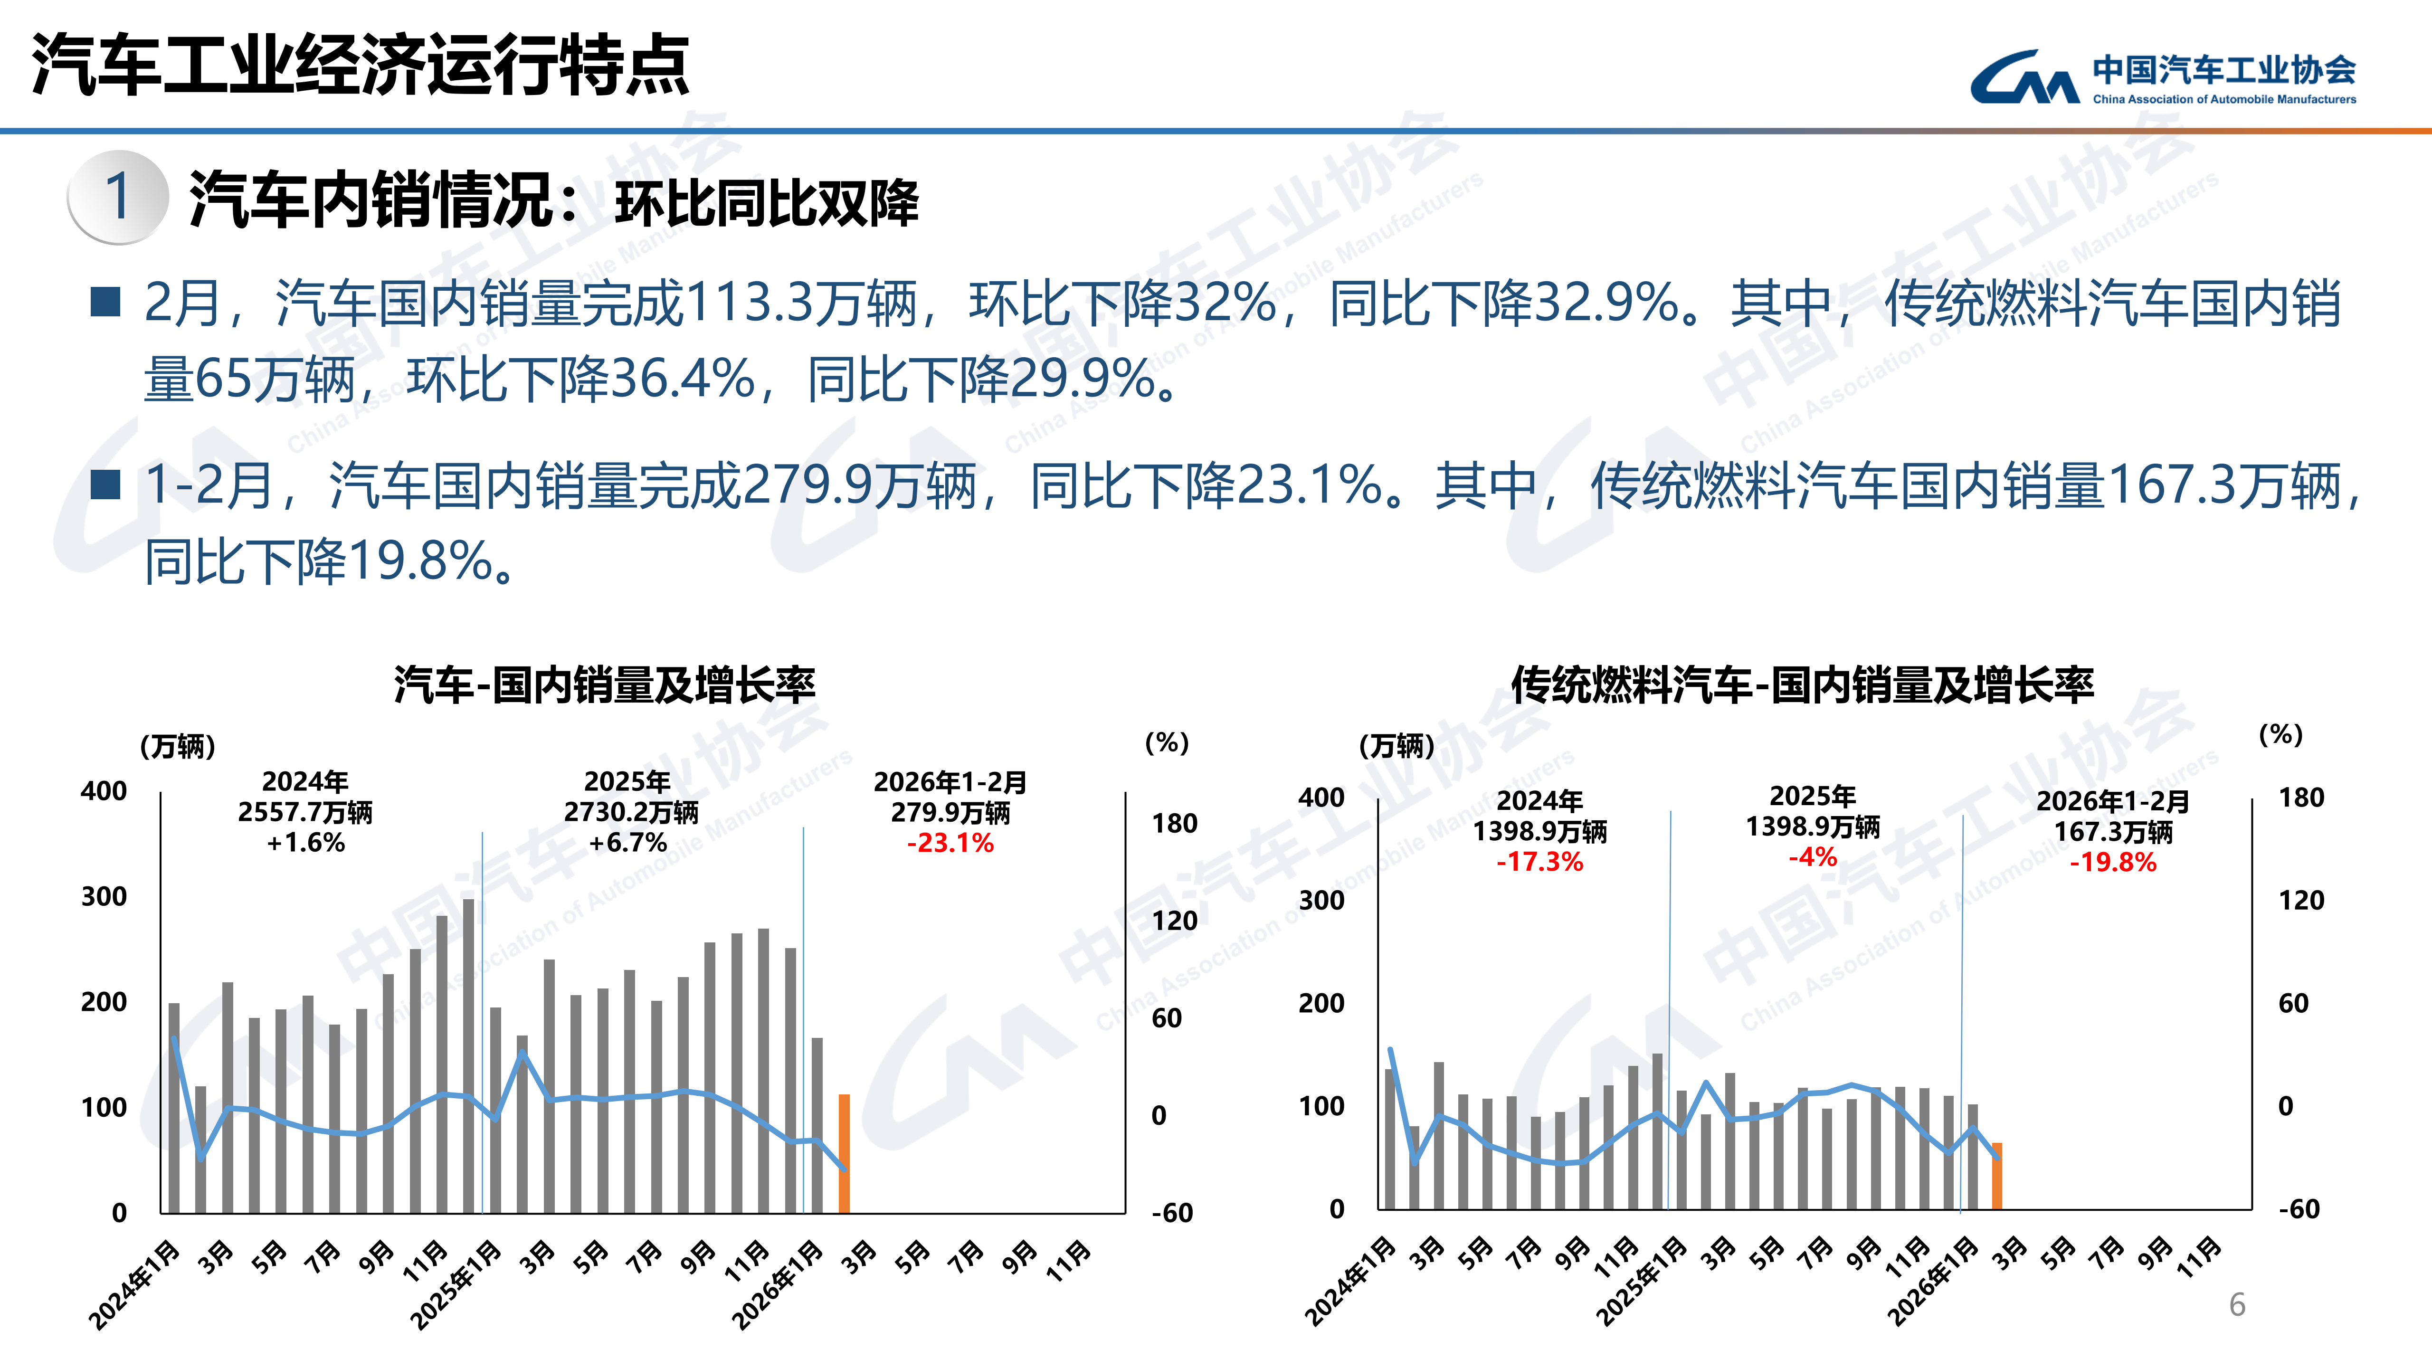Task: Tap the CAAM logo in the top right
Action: tap(2162, 77)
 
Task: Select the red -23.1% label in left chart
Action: tap(950, 843)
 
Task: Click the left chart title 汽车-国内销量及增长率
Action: tap(604, 684)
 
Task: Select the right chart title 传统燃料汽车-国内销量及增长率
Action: tap(1801, 684)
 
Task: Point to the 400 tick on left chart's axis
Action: tap(104, 791)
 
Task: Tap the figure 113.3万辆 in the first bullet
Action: tap(802, 304)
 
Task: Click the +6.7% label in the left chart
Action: tap(628, 842)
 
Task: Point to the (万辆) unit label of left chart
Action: tap(178, 747)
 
